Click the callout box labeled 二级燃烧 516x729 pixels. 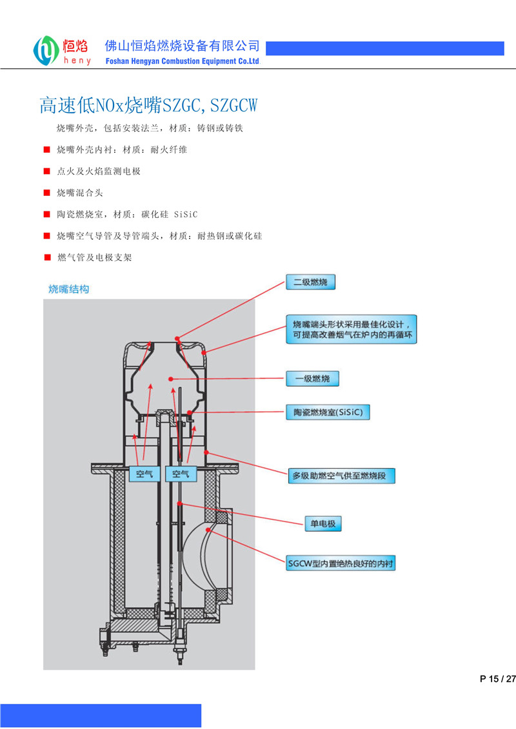(x=311, y=282)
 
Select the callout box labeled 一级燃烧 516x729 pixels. (x=312, y=378)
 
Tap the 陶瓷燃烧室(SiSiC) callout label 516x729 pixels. (x=328, y=413)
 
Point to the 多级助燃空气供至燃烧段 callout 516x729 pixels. (x=341, y=476)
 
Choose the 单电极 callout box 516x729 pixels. (x=322, y=523)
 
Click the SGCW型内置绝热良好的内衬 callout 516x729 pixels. (x=341, y=563)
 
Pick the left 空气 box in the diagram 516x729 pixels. (x=144, y=474)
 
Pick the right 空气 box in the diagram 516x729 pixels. (x=180, y=474)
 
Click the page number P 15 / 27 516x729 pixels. (x=498, y=679)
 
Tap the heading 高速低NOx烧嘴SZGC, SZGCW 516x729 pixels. (x=148, y=104)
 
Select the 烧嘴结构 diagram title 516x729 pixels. (x=69, y=289)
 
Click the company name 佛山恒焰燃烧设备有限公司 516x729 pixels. (x=183, y=46)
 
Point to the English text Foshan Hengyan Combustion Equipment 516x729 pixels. (x=182, y=61)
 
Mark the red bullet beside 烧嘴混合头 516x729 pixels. (x=46, y=193)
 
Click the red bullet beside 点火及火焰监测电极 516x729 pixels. (x=46, y=171)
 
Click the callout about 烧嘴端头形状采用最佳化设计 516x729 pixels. (x=351, y=329)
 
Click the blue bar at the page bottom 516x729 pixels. (x=101, y=715)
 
